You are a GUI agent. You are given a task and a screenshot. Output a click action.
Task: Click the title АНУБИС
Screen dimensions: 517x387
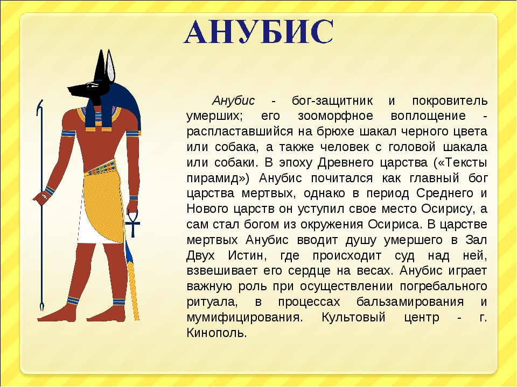pos(258,32)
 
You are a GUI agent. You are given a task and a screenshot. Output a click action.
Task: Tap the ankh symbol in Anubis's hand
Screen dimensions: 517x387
pos(132,224)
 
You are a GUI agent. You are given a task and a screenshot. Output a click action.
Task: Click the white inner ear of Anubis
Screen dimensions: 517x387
pos(110,67)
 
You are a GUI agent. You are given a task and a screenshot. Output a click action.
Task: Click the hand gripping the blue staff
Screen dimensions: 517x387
pos(41,197)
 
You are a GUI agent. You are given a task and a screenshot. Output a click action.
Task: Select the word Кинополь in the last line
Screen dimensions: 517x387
pos(216,333)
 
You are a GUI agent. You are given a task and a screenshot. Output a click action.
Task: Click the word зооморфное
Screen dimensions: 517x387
pos(336,116)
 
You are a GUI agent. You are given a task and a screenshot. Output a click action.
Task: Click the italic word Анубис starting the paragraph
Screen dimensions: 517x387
pos(233,101)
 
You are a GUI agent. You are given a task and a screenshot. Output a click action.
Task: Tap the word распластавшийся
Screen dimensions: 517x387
pos(240,132)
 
